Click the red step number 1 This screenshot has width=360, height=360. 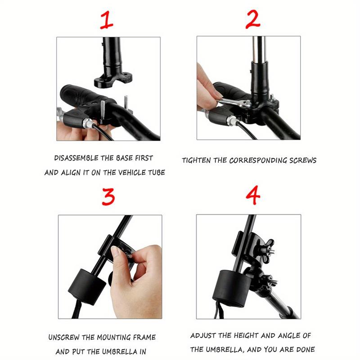pyautogui.click(x=107, y=20)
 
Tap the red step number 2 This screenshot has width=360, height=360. pyautogui.click(x=253, y=20)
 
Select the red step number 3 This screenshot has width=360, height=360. pyautogui.click(x=108, y=197)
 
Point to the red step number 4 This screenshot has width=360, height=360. pyautogui.click(x=253, y=195)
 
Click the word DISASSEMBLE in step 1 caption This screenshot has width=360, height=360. pyautogui.click(x=76, y=158)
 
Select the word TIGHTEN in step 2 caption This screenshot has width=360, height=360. pyautogui.click(x=196, y=160)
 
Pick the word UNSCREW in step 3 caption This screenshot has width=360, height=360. pyautogui.click(x=64, y=337)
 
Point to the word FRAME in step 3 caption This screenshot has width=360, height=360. pyautogui.click(x=144, y=337)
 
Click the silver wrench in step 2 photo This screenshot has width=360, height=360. pyautogui.click(x=234, y=102)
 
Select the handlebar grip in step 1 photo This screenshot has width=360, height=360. pyautogui.click(x=81, y=96)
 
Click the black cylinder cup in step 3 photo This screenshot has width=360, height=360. pyautogui.click(x=87, y=287)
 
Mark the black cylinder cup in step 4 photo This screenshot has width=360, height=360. pyautogui.click(x=232, y=289)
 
